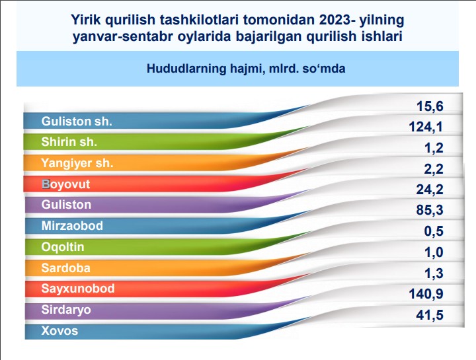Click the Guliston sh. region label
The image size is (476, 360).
pyautogui.click(x=77, y=122)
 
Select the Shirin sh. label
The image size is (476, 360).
pyautogui.click(x=69, y=142)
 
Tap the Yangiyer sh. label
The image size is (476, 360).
pyautogui.click(x=77, y=163)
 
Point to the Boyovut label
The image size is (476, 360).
pyautogui.click(x=66, y=184)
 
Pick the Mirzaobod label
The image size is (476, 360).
pyautogui.click(x=72, y=226)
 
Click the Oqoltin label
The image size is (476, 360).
pyautogui.click(x=63, y=247)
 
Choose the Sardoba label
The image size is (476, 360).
pyautogui.click(x=66, y=268)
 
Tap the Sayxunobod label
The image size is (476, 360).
pyautogui.click(x=78, y=289)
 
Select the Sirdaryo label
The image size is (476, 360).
pyautogui.click(x=66, y=310)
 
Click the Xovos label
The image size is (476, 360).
pyautogui.click(x=59, y=330)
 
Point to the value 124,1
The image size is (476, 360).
pyautogui.click(x=426, y=127)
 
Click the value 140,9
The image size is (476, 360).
pyautogui.click(x=426, y=294)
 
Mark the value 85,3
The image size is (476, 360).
pyautogui.click(x=430, y=210)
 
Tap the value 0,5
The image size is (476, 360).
pyautogui.click(x=434, y=231)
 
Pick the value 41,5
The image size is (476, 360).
pyautogui.click(x=430, y=315)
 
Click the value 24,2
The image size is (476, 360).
pyautogui.click(x=430, y=190)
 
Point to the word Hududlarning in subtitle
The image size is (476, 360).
pyautogui.click(x=186, y=69)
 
